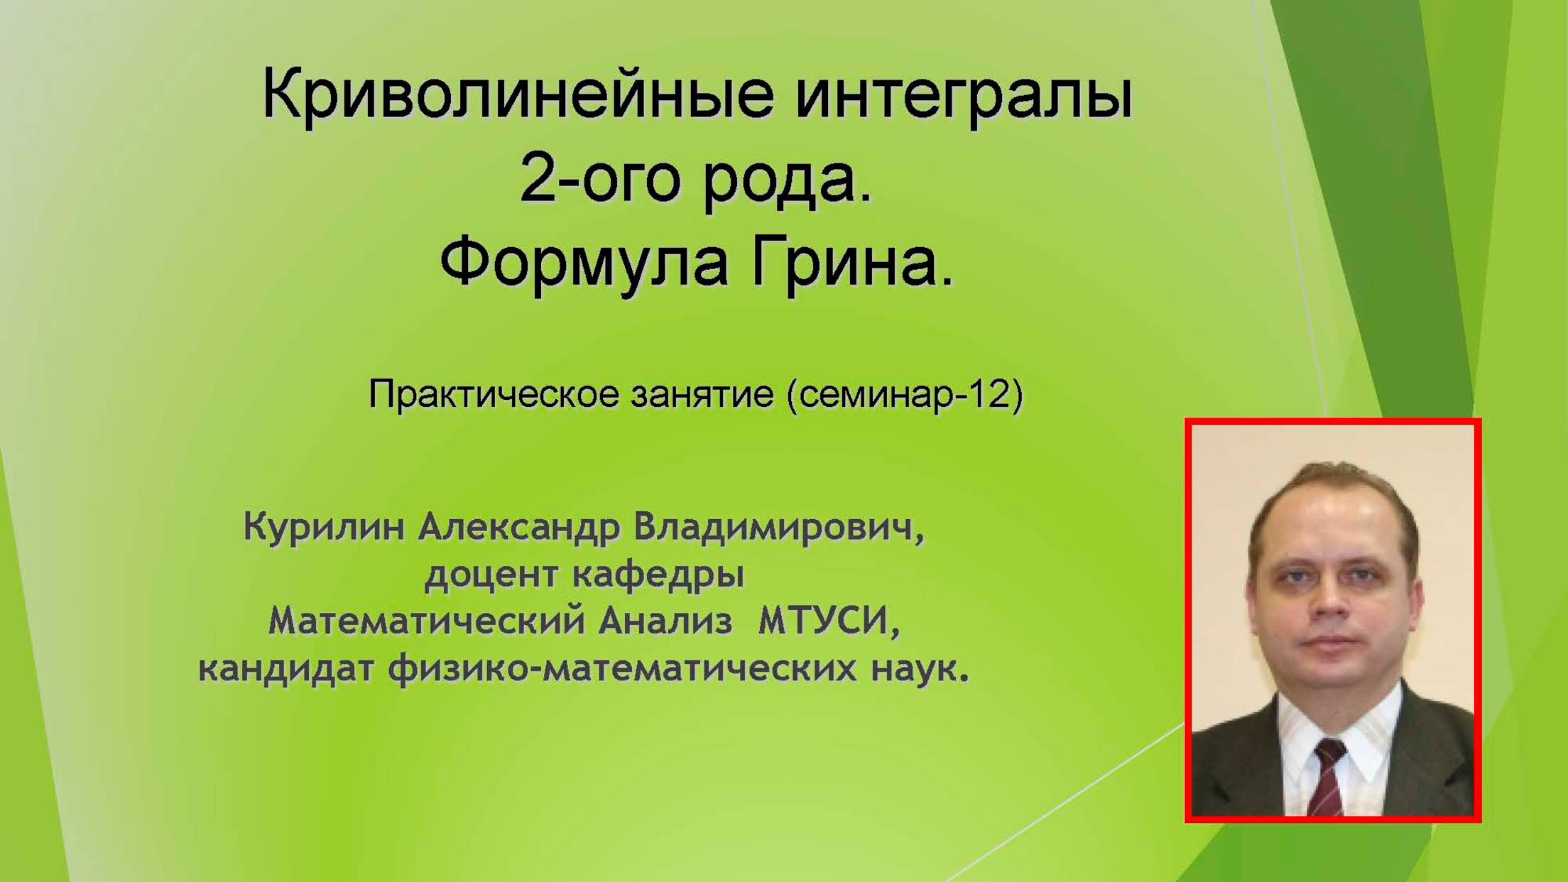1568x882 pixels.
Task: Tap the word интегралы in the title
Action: click(x=964, y=96)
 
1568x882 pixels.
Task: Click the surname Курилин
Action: click(x=324, y=528)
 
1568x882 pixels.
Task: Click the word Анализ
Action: click(x=665, y=622)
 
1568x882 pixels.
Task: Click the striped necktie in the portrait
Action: click(x=1327, y=777)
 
